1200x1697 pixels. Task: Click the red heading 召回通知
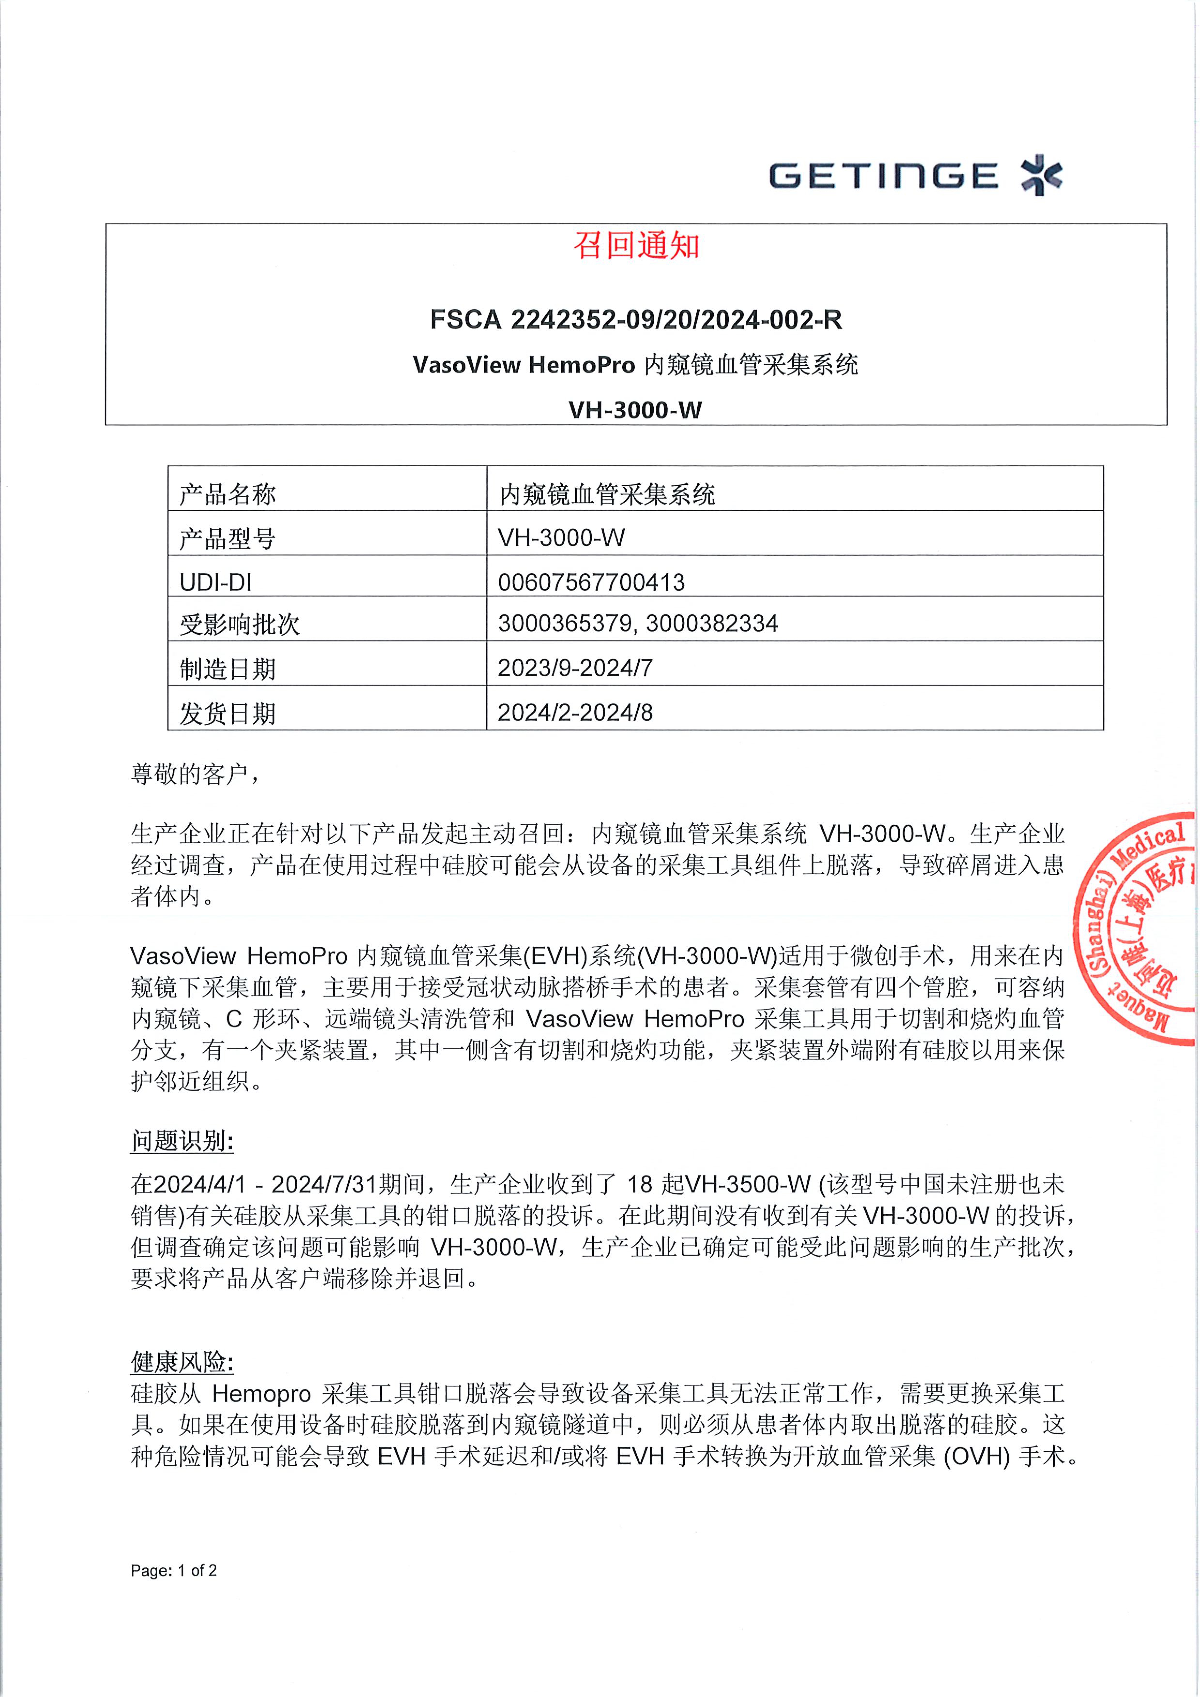[636, 246]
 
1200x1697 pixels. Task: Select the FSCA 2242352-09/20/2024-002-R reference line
[636, 319]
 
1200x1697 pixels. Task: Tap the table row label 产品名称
[228, 494]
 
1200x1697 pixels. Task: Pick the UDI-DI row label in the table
[215, 582]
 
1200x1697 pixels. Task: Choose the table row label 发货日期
[228, 713]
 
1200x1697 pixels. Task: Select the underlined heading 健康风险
[182, 1362]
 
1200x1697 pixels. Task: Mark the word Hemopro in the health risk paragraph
[261, 1394]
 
